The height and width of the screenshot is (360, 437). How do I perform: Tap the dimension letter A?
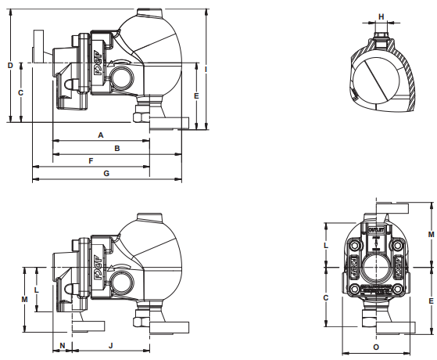point(101,135)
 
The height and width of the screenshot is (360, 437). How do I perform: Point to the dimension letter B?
point(116,147)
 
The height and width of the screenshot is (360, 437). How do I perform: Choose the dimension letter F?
point(91,160)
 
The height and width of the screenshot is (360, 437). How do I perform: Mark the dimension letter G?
point(106,173)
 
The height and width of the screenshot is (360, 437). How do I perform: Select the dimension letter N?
point(62,344)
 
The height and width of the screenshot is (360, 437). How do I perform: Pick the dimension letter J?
point(110,344)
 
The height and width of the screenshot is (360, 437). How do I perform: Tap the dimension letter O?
point(376,345)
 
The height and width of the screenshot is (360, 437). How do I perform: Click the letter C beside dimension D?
point(21,92)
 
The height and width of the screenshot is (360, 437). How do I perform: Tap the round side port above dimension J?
point(124,280)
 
